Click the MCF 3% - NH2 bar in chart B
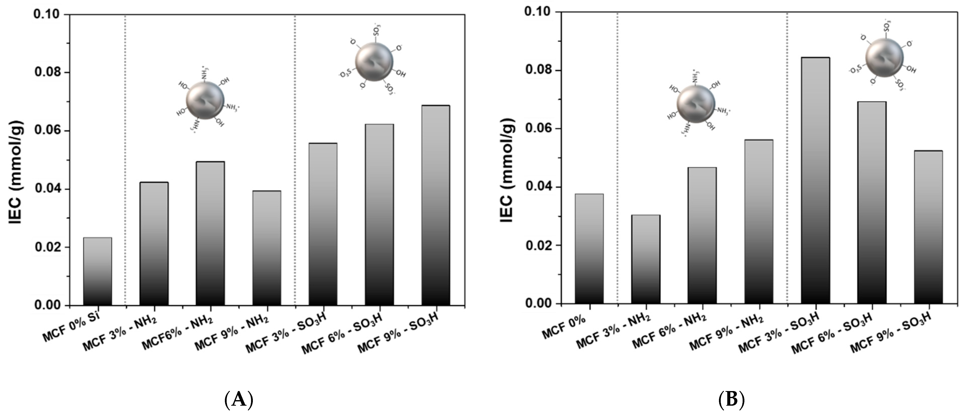point(646,259)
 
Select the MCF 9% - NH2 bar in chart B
point(759,221)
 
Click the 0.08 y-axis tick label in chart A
point(47,73)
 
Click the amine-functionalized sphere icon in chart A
point(205,101)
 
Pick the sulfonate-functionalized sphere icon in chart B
point(884,57)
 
